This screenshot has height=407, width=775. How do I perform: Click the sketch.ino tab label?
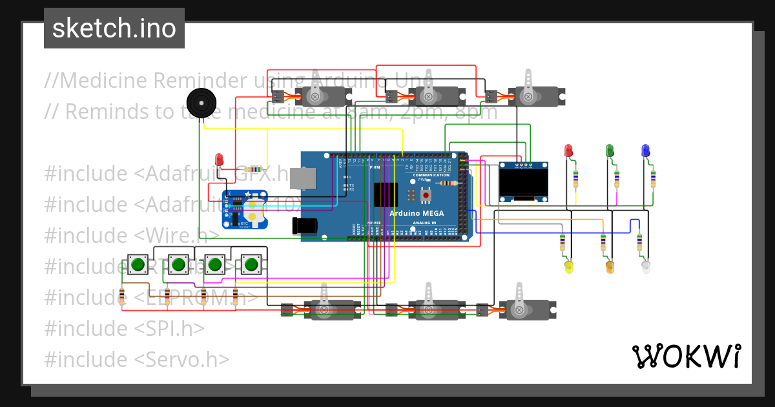114,28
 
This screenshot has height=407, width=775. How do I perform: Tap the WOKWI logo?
686,356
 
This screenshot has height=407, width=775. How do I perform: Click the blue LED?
645,151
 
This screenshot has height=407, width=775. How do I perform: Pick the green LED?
609,151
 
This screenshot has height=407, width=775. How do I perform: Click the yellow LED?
569,266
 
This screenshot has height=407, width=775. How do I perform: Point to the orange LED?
610,266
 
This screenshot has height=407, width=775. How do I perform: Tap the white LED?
646,266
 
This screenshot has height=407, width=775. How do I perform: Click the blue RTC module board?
245,209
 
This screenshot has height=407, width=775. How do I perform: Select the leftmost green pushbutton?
138,264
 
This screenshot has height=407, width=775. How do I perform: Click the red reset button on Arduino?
426,193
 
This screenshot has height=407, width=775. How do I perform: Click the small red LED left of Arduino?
219,158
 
